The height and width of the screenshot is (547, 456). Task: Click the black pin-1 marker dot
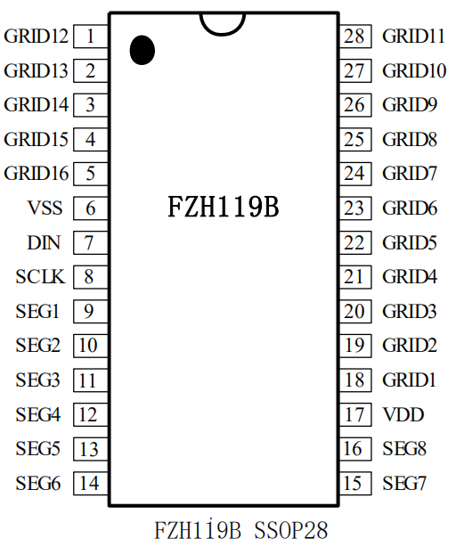142,50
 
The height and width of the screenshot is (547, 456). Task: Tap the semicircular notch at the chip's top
223,35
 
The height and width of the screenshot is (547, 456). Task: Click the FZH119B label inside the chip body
224,207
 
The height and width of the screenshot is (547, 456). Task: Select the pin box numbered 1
91,36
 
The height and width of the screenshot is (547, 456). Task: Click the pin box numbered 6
91,208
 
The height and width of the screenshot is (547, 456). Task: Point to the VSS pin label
45,208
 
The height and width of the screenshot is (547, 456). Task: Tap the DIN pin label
44,242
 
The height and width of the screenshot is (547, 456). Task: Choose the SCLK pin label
40,277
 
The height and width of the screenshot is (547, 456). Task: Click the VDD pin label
403,414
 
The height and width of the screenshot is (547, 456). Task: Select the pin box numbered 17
355,414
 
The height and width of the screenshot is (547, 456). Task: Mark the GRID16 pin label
37,174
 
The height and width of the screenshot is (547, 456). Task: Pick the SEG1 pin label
37,311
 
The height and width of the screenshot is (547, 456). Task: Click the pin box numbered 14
91,483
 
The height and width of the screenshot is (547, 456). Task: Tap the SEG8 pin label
404,449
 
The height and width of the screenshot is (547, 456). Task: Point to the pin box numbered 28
355,36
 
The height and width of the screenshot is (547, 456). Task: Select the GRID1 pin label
410,380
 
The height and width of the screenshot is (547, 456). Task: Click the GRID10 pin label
414,70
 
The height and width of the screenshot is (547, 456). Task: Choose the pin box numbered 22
355,242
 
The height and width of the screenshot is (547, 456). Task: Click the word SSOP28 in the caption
290,531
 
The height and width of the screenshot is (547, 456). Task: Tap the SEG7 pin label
404,483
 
